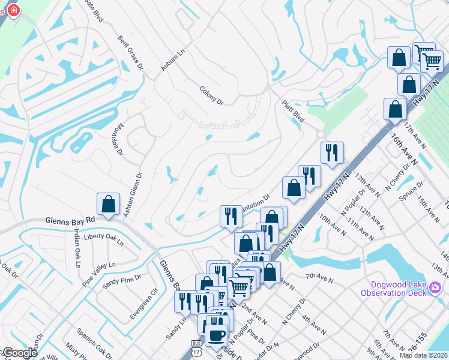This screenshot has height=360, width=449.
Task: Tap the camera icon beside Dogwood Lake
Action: pos(436,292)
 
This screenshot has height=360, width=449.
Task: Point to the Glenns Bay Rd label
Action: pos(70,221)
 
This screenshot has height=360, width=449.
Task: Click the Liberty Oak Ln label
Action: pos(103,239)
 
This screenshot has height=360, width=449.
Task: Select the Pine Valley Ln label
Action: pos(99,264)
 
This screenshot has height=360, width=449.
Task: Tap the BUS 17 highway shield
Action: pos(196,349)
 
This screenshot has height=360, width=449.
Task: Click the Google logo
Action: pos(20,353)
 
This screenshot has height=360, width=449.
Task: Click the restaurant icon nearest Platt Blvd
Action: pos(331,152)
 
